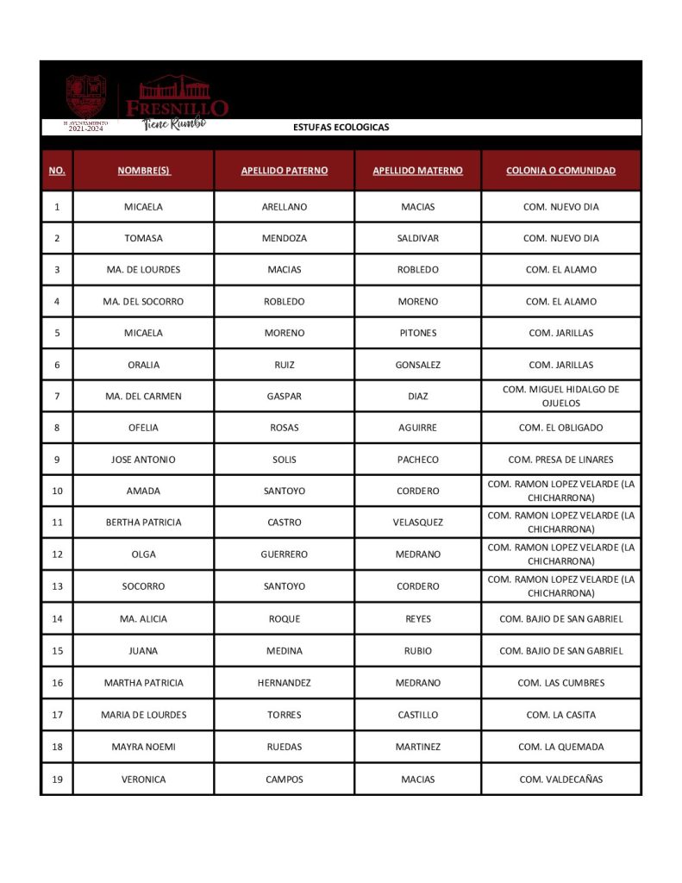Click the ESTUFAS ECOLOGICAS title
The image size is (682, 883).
[341, 127]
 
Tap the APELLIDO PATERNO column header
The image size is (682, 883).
[284, 171]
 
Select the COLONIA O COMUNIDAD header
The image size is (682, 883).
[560, 171]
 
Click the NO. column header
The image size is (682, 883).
[57, 171]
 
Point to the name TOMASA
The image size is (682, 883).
[143, 238]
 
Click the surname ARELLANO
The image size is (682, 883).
[284, 207]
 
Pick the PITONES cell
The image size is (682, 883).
[417, 333]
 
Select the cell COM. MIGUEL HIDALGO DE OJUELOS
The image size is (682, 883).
[560, 396]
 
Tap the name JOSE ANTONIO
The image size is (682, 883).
[143, 460]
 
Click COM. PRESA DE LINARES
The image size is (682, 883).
[560, 460]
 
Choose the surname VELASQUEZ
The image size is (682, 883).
[417, 523]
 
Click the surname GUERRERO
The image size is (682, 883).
[284, 554]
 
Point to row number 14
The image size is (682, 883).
[57, 619]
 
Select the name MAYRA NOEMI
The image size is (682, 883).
[143, 747]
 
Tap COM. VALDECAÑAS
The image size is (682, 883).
[560, 780]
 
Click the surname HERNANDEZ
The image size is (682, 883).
[284, 683]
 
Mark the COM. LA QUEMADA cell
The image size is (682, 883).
[560, 747]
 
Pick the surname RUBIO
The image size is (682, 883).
[417, 651]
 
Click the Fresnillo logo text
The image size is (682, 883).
[177, 107]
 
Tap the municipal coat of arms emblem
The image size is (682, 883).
[86, 97]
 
